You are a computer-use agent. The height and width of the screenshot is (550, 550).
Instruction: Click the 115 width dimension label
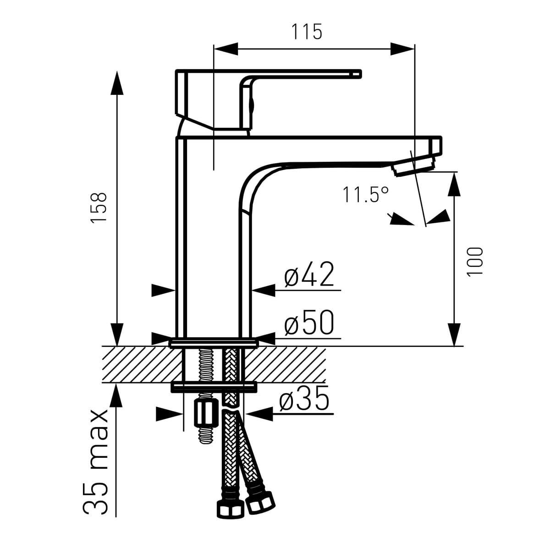pyautogui.click(x=307, y=32)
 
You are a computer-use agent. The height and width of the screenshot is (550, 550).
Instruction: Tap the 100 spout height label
pyautogui.click(x=474, y=262)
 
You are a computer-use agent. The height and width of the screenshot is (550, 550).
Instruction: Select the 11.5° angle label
pyautogui.click(x=366, y=195)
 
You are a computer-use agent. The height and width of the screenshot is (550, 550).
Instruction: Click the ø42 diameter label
pyautogui.click(x=309, y=274)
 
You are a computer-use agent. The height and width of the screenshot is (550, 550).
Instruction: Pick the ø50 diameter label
pyautogui.click(x=309, y=322)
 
